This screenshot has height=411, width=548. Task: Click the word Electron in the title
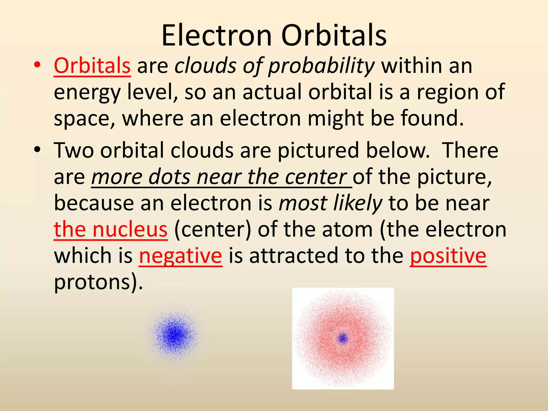tap(216, 36)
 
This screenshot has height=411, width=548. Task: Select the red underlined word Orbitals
tap(92, 66)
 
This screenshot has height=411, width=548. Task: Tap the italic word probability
tap(321, 66)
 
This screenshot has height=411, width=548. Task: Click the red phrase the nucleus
tap(111, 230)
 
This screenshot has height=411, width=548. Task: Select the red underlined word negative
tap(180, 256)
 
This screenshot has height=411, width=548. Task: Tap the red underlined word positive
tap(448, 256)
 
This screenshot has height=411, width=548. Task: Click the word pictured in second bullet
tap(318, 150)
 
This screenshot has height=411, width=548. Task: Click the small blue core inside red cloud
tap(342, 338)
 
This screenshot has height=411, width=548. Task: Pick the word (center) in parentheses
tap(212, 230)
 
